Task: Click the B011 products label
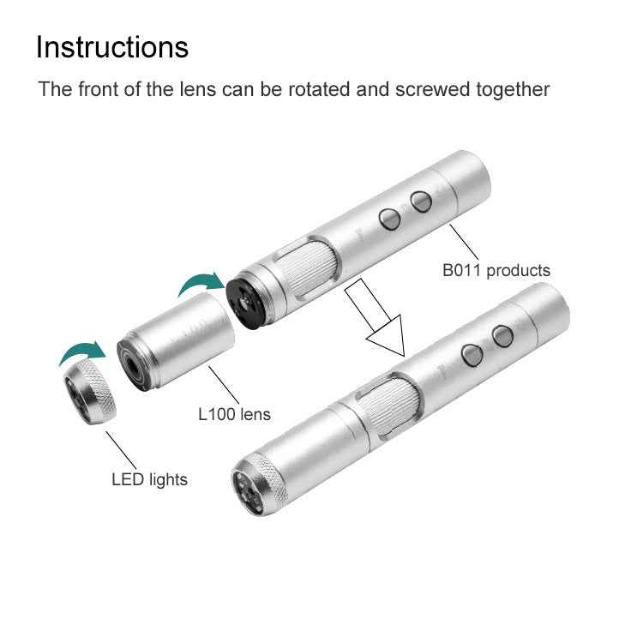tap(496, 270)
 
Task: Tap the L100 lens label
tap(234, 414)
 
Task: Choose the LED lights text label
tap(149, 478)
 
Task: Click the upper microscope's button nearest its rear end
tap(420, 201)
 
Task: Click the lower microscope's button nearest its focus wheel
tap(471, 354)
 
